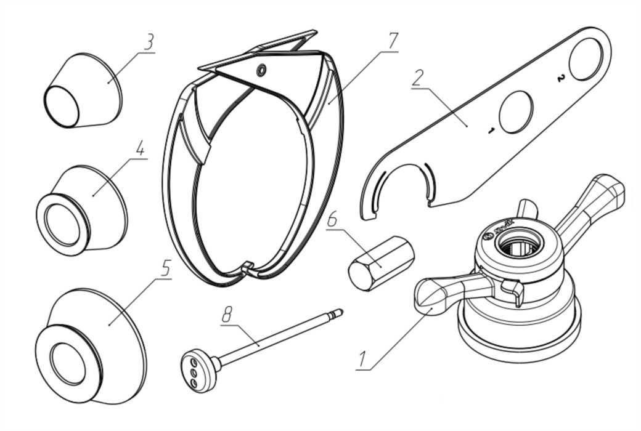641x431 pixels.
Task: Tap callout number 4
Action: tap(141, 149)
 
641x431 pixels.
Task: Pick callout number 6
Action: tap(332, 220)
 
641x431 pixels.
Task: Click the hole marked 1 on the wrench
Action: tap(515, 113)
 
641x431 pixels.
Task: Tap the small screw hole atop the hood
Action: tap(262, 70)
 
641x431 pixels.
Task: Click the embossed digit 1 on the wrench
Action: tap(491, 130)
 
